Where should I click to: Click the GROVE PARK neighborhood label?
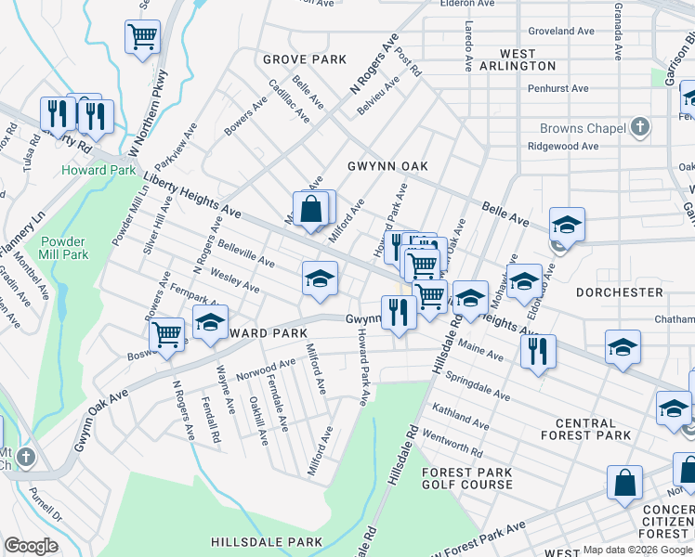(x=305, y=59)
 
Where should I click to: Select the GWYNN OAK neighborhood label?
(x=387, y=166)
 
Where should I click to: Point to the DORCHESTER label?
(x=620, y=292)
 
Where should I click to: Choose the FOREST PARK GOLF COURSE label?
(x=467, y=478)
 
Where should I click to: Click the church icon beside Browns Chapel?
(x=638, y=127)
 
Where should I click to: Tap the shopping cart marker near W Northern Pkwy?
(x=142, y=37)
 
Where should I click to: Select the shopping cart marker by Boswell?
(x=167, y=333)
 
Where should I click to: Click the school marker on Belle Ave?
(x=566, y=225)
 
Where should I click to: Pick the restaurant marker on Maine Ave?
(x=538, y=351)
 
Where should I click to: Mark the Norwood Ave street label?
(x=258, y=371)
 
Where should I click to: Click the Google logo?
(x=31, y=546)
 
